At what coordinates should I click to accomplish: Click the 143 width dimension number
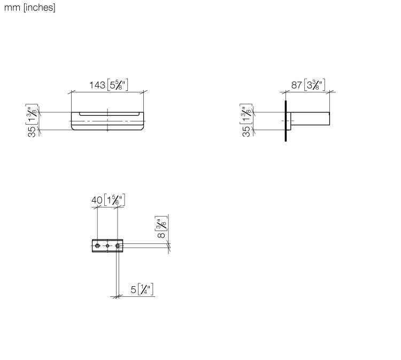click(x=97, y=85)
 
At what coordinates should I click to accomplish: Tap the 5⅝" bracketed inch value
click(x=118, y=85)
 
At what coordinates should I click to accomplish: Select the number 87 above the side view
click(x=297, y=85)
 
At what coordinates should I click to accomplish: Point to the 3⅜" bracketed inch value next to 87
click(x=314, y=85)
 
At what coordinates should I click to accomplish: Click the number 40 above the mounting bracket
click(x=97, y=200)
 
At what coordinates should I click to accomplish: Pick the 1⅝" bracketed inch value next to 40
click(x=114, y=200)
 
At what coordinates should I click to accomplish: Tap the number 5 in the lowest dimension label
click(x=133, y=289)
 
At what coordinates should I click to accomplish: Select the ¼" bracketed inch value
click(x=146, y=289)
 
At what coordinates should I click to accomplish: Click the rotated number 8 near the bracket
click(x=161, y=235)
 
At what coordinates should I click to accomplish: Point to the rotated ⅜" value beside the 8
click(x=161, y=223)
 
